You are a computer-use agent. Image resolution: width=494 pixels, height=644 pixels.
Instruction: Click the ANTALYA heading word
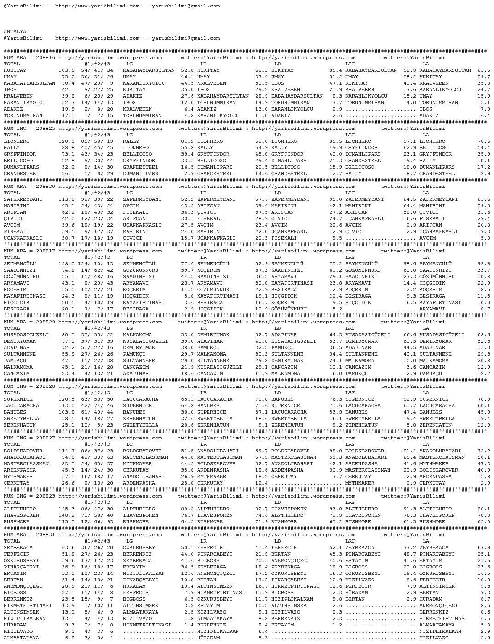pos(15,32)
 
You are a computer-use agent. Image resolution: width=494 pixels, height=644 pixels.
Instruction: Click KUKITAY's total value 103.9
pos(66,70)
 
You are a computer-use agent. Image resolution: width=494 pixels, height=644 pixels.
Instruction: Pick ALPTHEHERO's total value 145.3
pos(66,509)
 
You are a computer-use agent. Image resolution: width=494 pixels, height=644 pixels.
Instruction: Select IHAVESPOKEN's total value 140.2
pos(66,515)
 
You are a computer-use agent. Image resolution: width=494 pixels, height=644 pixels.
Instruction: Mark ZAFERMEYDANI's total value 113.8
pos(66,199)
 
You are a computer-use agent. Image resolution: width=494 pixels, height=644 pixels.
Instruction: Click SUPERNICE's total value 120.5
pos(66,399)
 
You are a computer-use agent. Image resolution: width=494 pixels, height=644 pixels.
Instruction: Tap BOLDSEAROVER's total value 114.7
pos(66,451)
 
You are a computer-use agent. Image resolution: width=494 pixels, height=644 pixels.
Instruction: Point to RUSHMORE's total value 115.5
pos(66,522)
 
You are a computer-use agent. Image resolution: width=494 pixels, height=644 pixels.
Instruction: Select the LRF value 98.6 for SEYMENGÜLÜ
pos(410,264)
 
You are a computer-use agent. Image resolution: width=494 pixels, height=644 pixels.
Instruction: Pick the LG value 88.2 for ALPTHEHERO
pos(187,509)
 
